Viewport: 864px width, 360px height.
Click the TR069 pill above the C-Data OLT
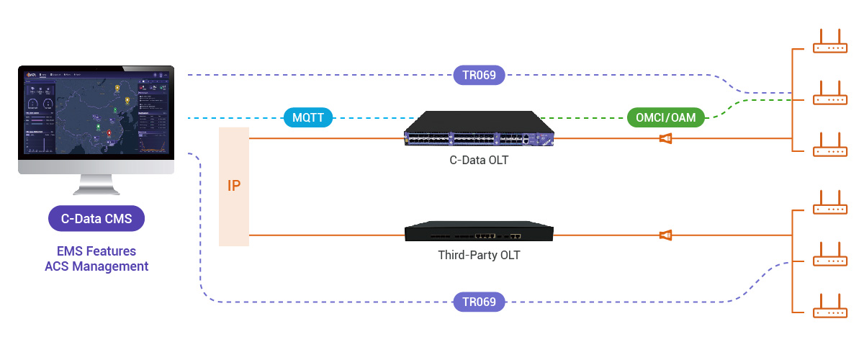479,75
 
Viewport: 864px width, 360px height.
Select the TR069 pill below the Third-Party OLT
479,302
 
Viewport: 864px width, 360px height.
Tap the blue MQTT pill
307,117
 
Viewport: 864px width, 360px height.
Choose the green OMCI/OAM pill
666,117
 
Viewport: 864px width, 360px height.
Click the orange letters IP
234,186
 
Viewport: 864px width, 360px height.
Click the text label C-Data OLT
479,160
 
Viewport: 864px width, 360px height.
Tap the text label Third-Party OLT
479,255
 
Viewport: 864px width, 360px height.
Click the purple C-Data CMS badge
96,219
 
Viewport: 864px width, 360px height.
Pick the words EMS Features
96,251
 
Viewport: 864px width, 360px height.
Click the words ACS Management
96,266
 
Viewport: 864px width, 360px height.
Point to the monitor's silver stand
96,186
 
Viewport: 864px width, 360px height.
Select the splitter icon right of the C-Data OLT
666,138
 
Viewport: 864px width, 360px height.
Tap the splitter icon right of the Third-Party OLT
666,235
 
